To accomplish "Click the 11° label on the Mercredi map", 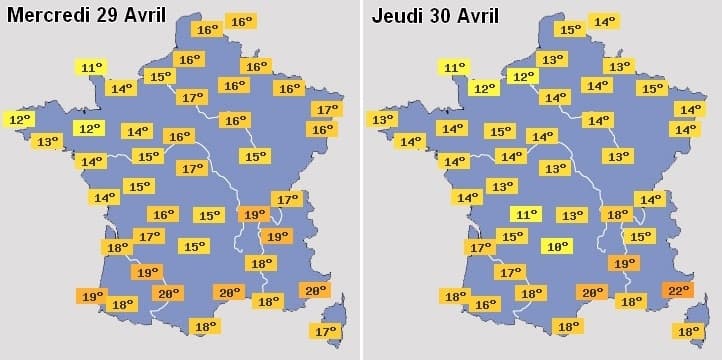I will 91,68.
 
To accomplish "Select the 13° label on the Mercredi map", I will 46,142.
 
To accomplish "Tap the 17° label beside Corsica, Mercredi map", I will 326,331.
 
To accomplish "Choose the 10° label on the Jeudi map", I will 556,246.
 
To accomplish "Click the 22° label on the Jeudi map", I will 679,290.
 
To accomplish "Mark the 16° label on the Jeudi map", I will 485,304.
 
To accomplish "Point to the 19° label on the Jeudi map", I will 624,264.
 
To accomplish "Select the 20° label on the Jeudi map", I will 593,292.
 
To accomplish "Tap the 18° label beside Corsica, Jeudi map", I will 689,331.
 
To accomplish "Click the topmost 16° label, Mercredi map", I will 240,21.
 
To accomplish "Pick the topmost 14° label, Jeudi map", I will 604,21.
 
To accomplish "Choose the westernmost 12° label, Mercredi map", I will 19,119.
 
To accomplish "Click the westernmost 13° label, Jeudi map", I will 381,119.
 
